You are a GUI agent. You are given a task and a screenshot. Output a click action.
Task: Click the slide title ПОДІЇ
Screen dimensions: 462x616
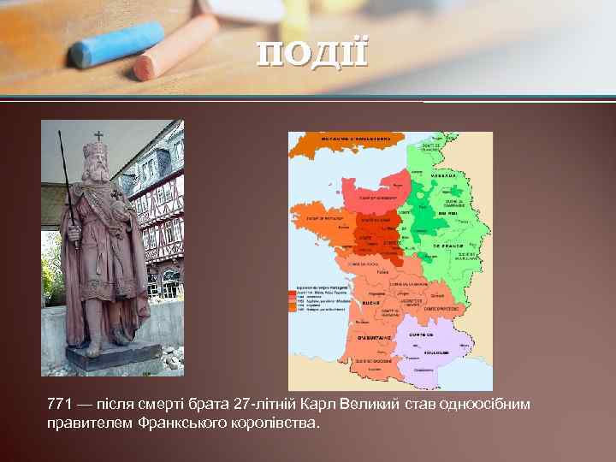pos(313,52)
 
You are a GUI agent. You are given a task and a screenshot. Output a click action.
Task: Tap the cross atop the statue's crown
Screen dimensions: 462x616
pos(98,135)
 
